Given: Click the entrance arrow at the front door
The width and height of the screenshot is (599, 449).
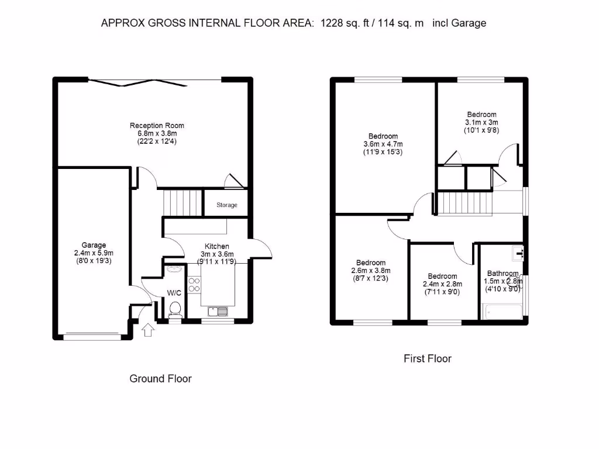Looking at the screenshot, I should coord(148,330).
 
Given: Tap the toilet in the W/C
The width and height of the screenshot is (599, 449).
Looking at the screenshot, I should coord(174,310).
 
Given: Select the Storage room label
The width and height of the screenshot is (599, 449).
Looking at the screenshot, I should coord(227,205).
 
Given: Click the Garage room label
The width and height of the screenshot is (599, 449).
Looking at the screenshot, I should coord(94,245).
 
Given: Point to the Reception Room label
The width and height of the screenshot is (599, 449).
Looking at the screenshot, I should coord(157,125).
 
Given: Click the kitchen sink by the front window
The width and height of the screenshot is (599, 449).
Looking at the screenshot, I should coord(218,312).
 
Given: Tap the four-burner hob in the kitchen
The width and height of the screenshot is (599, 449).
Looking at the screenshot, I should coord(194,284).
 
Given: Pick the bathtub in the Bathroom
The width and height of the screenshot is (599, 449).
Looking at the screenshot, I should coord(502,312).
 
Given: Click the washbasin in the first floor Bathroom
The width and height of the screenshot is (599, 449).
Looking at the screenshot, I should coord(517,253).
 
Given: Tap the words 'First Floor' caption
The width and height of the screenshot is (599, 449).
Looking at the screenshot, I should coord(428,358).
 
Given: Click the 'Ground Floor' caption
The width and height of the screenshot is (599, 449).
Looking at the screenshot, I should coord(160,378).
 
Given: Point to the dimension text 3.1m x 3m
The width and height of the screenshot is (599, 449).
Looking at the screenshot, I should coord(481,123).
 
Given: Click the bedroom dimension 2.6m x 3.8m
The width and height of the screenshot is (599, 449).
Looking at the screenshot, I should coord(371,271).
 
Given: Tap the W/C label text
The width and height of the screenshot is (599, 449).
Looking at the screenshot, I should coord(174,293).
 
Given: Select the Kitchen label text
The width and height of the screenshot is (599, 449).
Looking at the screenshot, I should coord(216,246).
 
